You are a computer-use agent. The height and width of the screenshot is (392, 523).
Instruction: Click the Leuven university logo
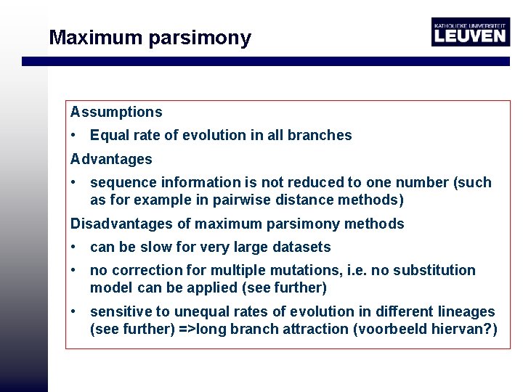point(470,32)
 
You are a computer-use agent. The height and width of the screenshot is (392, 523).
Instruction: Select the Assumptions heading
point(116,113)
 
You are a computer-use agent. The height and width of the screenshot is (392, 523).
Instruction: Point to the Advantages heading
point(111,159)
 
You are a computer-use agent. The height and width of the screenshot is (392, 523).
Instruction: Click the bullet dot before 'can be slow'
point(74,248)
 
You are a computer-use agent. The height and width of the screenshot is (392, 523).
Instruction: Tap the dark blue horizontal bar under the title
point(272,62)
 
